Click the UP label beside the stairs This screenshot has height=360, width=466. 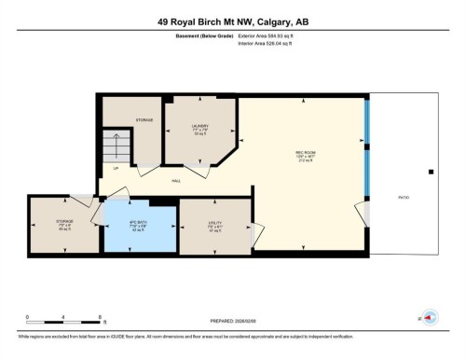[x=115, y=168]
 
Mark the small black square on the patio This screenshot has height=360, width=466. [x=430, y=172]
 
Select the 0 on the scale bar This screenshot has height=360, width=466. [x=27, y=317]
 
